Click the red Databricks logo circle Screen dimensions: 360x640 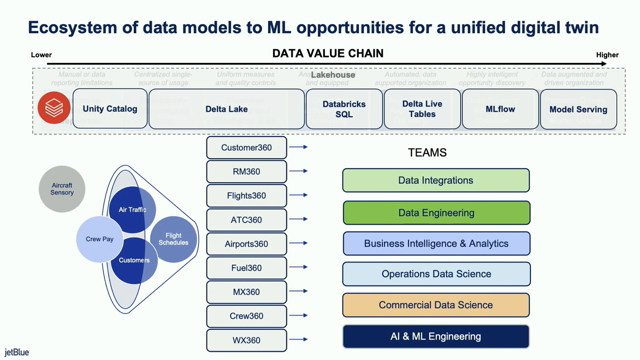[54, 108]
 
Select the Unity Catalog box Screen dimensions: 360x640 [110, 109]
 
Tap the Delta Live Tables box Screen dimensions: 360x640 [422, 109]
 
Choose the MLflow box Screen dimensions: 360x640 [500, 109]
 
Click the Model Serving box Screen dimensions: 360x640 [578, 109]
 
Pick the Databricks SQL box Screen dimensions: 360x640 [344, 109]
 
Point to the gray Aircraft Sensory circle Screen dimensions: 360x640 [62, 189]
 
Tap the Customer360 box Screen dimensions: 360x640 [246, 147]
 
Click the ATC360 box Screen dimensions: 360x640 [246, 220]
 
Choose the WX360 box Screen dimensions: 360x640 [246, 340]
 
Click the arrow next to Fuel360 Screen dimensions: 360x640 [298, 267]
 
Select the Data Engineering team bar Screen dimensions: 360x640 [436, 213]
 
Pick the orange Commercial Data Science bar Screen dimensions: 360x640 [436, 305]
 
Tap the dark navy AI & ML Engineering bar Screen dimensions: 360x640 [436, 336]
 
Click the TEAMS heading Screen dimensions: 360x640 [427, 153]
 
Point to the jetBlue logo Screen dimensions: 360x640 [17, 352]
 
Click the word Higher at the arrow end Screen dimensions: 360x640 [607, 55]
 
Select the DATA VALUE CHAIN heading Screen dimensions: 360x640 [328, 54]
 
